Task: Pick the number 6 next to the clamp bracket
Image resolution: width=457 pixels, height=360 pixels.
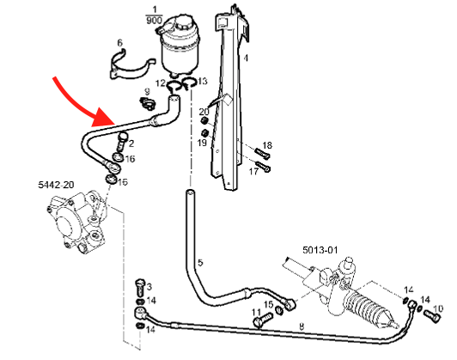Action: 120,42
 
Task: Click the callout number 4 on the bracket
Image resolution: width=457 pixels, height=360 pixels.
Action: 246,58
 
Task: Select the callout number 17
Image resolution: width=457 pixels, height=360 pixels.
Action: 253,171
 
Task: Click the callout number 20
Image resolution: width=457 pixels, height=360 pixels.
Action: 204,113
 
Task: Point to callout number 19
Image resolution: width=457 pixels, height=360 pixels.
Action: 204,143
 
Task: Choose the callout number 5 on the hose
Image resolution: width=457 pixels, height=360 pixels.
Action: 199,263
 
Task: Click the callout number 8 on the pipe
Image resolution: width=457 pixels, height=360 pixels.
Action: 302,326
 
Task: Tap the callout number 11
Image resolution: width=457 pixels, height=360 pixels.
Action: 255,311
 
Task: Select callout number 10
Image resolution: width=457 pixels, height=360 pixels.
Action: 437,308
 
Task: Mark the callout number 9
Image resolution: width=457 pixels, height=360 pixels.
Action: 146,91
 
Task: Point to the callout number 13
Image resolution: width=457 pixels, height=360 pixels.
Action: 203,82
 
